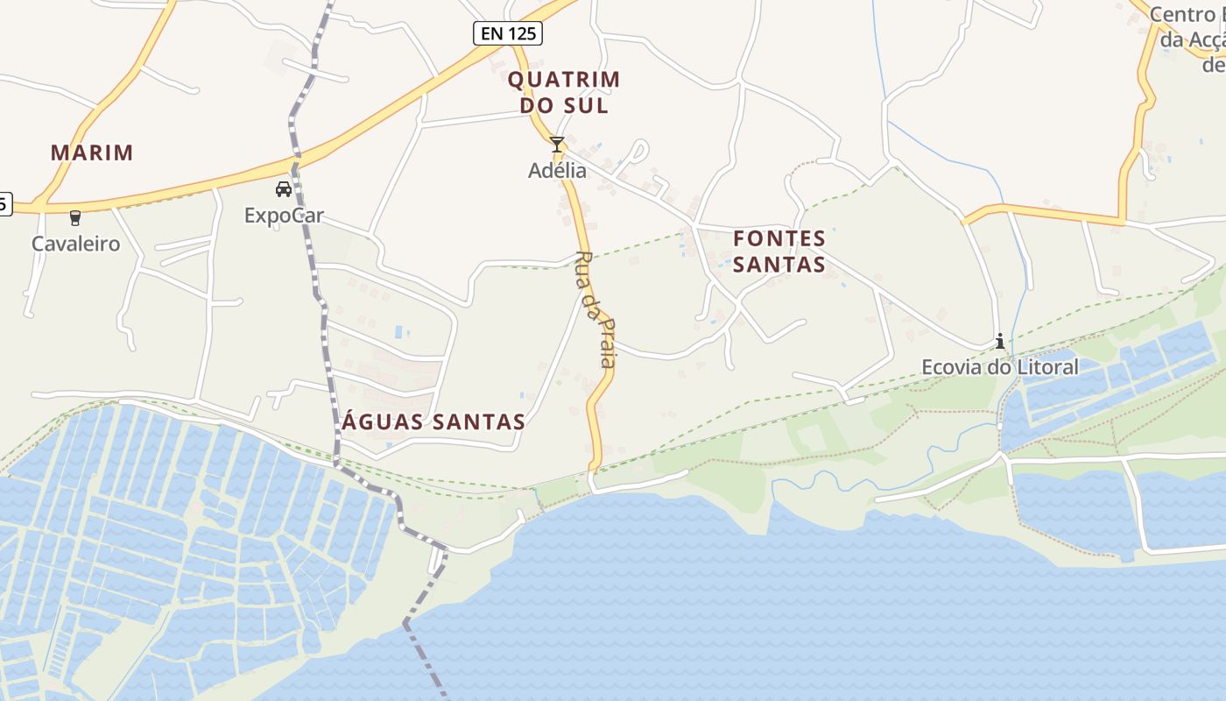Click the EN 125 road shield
[508, 33]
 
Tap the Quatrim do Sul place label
[564, 92]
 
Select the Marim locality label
[92, 152]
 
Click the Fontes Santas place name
[779, 251]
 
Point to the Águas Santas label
[433, 421]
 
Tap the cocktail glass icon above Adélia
[557, 145]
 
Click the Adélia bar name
[557, 170]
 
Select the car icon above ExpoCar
[284, 189]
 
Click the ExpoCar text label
[284, 215]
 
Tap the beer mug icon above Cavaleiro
[75, 218]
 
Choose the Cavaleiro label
[75, 244]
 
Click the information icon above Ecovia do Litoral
[1000, 341]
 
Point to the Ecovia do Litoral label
[1000, 367]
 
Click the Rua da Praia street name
[596, 308]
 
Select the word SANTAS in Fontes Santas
[779, 264]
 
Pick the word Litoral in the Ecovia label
[1046, 367]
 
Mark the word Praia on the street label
[606, 342]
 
